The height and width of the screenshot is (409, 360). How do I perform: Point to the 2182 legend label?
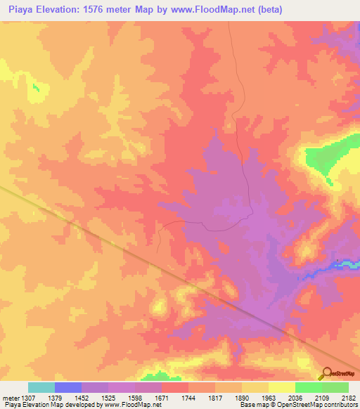coord(347,397)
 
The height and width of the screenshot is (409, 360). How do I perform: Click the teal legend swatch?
coord(41,387)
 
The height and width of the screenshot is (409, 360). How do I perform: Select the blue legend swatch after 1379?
coord(68,387)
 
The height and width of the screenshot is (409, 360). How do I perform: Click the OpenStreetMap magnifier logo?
coord(326,374)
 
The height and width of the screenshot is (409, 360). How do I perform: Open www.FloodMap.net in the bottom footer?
coord(143,405)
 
